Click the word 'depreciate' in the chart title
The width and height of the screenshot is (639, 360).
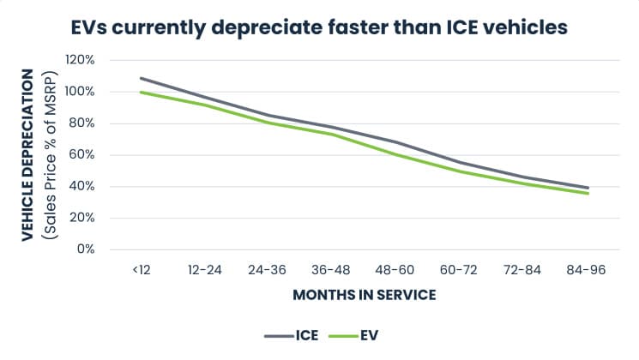click(266, 28)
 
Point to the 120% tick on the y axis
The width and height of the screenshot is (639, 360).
click(80, 60)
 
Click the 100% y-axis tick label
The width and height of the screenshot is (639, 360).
click(80, 92)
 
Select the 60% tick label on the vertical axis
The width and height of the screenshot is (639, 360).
click(81, 155)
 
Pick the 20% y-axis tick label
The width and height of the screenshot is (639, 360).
click(81, 218)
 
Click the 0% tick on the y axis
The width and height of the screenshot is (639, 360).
click(86, 249)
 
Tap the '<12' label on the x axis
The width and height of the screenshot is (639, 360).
click(142, 270)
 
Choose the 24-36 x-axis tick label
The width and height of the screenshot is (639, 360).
click(268, 270)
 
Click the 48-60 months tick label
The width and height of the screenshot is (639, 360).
click(395, 270)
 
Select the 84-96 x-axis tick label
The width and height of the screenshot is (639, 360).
click(586, 270)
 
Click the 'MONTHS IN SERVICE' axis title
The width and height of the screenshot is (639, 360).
click(365, 295)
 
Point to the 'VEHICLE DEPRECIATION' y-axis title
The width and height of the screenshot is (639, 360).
click(27, 155)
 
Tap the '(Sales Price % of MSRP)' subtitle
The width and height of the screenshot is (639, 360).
click(51, 155)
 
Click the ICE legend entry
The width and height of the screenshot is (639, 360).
click(291, 335)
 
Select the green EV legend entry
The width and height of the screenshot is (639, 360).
click(353, 335)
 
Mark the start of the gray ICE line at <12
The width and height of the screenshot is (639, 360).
click(141, 78)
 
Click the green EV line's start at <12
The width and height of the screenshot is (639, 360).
click(141, 92)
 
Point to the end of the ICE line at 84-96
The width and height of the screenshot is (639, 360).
click(588, 188)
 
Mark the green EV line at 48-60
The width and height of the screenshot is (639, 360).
click(395, 155)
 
